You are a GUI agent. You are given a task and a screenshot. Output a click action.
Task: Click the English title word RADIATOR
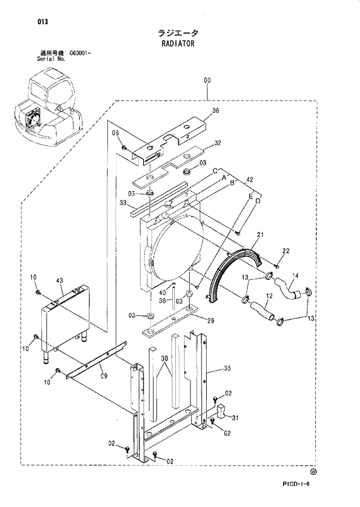[179, 44]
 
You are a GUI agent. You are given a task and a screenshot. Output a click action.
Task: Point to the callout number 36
[215, 111]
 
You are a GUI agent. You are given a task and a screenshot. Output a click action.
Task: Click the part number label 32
[218, 142]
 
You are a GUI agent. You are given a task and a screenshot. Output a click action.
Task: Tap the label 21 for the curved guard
[261, 235]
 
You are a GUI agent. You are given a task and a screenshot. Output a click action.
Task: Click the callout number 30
[166, 359]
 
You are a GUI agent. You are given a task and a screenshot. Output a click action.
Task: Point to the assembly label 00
[207, 81]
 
